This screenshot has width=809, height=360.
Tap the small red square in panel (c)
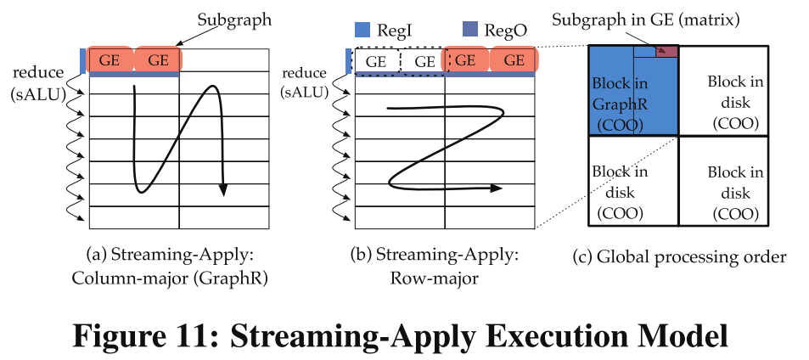pyautogui.click(x=667, y=52)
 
